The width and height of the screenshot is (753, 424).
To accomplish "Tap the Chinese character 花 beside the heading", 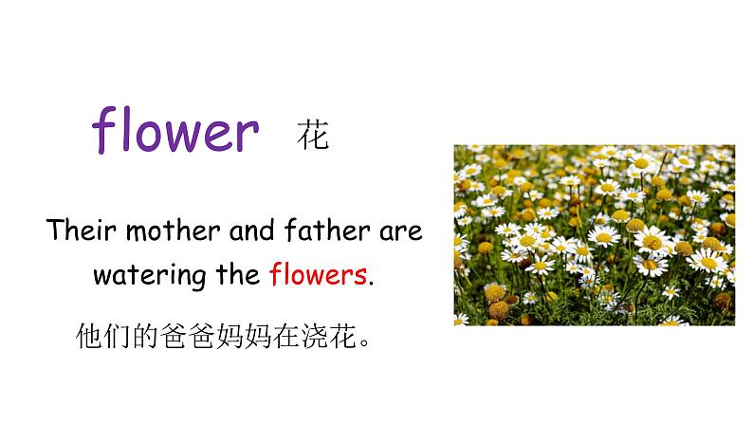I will click(313, 135).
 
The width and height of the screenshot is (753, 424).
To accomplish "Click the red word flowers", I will click(317, 275).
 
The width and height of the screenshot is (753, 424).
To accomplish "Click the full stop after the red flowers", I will click(371, 283).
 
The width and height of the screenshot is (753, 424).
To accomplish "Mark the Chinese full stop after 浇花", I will click(358, 342).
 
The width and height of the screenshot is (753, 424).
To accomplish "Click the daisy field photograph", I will click(594, 234).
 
